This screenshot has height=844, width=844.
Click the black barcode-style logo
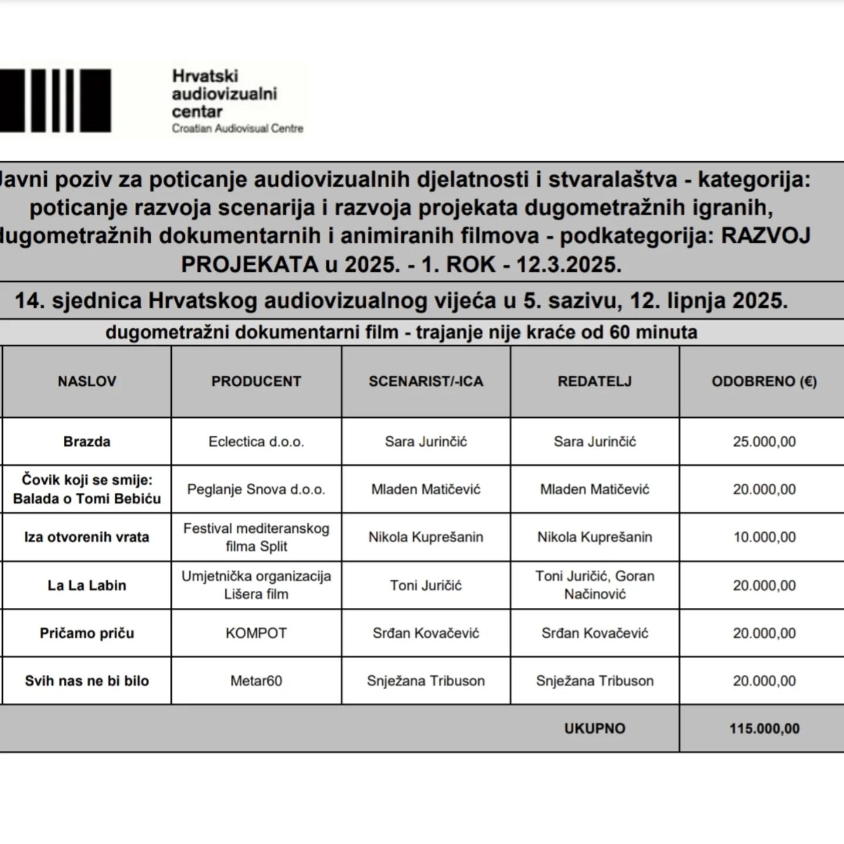(x=56, y=100)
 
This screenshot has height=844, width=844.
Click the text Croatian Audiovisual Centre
(x=237, y=128)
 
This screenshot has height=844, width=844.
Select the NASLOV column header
(x=87, y=382)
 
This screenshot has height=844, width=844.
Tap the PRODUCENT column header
(x=256, y=382)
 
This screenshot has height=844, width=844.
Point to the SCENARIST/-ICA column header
(x=426, y=382)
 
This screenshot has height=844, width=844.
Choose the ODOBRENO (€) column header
(x=764, y=382)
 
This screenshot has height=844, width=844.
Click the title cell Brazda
(x=87, y=441)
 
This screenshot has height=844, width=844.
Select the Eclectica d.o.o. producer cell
(x=256, y=441)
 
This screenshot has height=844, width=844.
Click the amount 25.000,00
(x=764, y=441)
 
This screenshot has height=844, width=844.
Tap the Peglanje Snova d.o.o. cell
(x=256, y=489)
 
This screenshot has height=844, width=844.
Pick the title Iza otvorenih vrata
(x=87, y=537)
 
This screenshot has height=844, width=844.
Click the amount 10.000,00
(x=764, y=537)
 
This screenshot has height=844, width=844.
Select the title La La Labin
(x=87, y=585)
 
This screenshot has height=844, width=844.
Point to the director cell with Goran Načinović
(x=594, y=585)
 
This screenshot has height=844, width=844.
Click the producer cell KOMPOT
(x=256, y=633)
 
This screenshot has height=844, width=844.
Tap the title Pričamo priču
(x=87, y=633)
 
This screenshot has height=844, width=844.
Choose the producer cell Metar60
(x=256, y=680)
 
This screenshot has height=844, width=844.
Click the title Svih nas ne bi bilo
(x=87, y=680)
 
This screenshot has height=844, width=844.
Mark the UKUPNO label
(x=594, y=729)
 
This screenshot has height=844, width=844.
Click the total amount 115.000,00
(x=764, y=729)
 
